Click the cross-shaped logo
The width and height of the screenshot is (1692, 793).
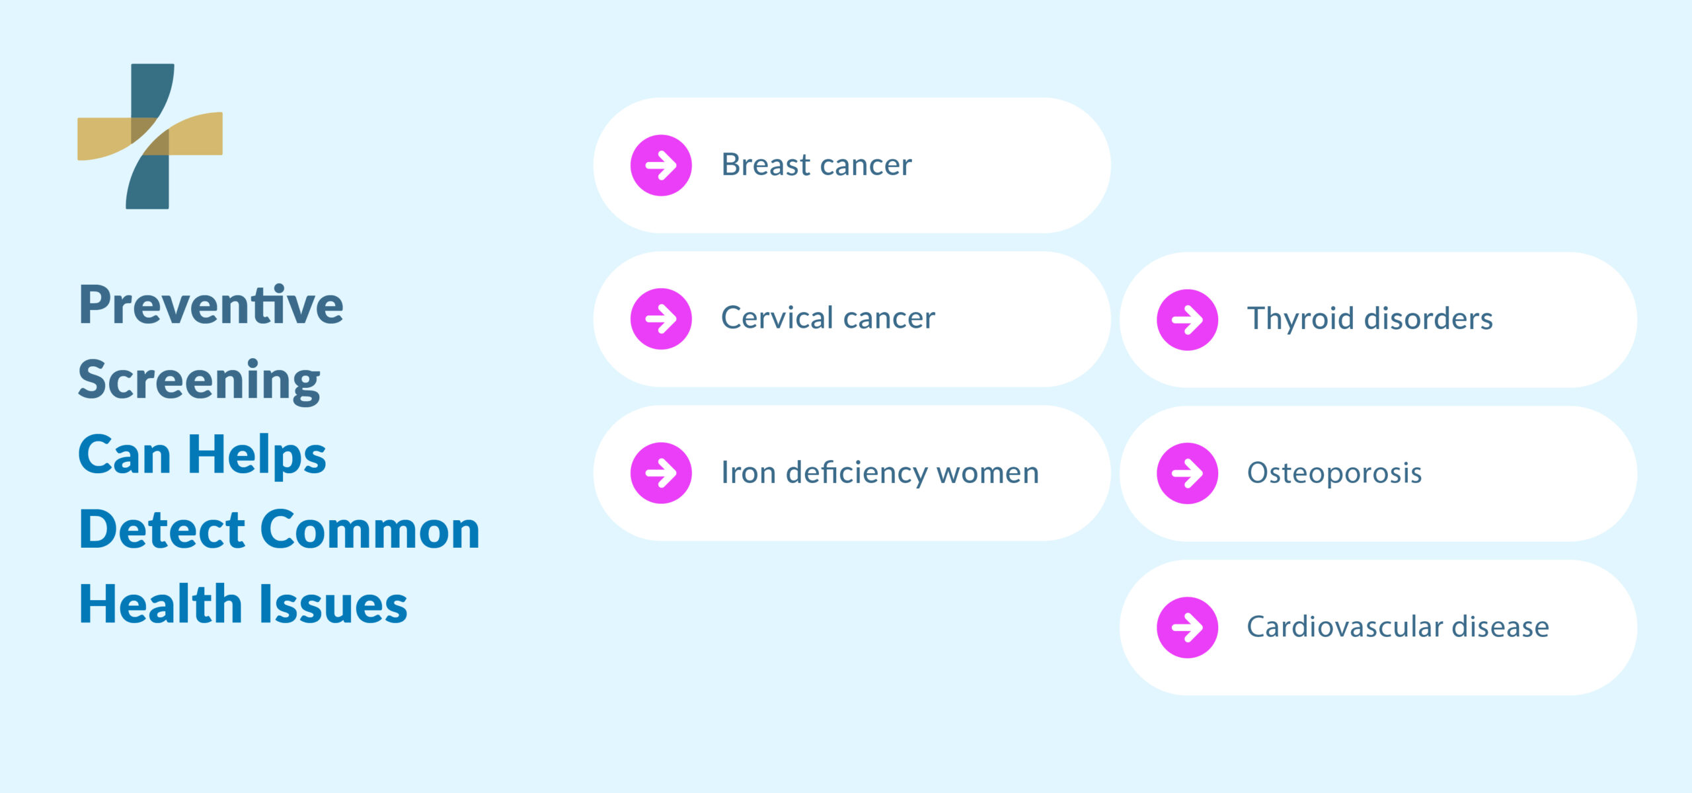click(x=150, y=136)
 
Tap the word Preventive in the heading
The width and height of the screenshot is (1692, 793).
click(x=211, y=305)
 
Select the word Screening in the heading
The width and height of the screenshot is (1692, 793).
click(x=199, y=381)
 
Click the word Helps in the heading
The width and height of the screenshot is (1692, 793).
click(x=256, y=455)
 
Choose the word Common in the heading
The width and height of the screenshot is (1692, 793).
click(x=370, y=530)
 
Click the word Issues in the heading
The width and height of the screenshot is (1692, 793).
click(x=332, y=605)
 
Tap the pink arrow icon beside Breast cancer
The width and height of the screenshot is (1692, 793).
click(x=661, y=165)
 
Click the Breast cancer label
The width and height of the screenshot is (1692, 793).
click(x=816, y=165)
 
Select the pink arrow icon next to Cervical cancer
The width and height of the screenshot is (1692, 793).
click(x=661, y=319)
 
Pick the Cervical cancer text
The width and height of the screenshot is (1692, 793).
click(x=827, y=319)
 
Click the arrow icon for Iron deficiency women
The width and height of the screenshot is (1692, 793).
click(x=661, y=473)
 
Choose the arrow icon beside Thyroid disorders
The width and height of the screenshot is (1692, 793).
click(x=1187, y=320)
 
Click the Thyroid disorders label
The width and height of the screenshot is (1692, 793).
click(x=1369, y=319)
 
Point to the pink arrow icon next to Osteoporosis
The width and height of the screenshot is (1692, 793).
click(x=1187, y=473)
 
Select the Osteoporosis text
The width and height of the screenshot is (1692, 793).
click(x=1334, y=473)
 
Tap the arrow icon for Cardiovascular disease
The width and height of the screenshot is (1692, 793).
click(x=1187, y=628)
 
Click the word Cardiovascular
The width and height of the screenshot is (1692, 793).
click(x=1344, y=627)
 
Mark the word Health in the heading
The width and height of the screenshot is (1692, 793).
click(x=161, y=605)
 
